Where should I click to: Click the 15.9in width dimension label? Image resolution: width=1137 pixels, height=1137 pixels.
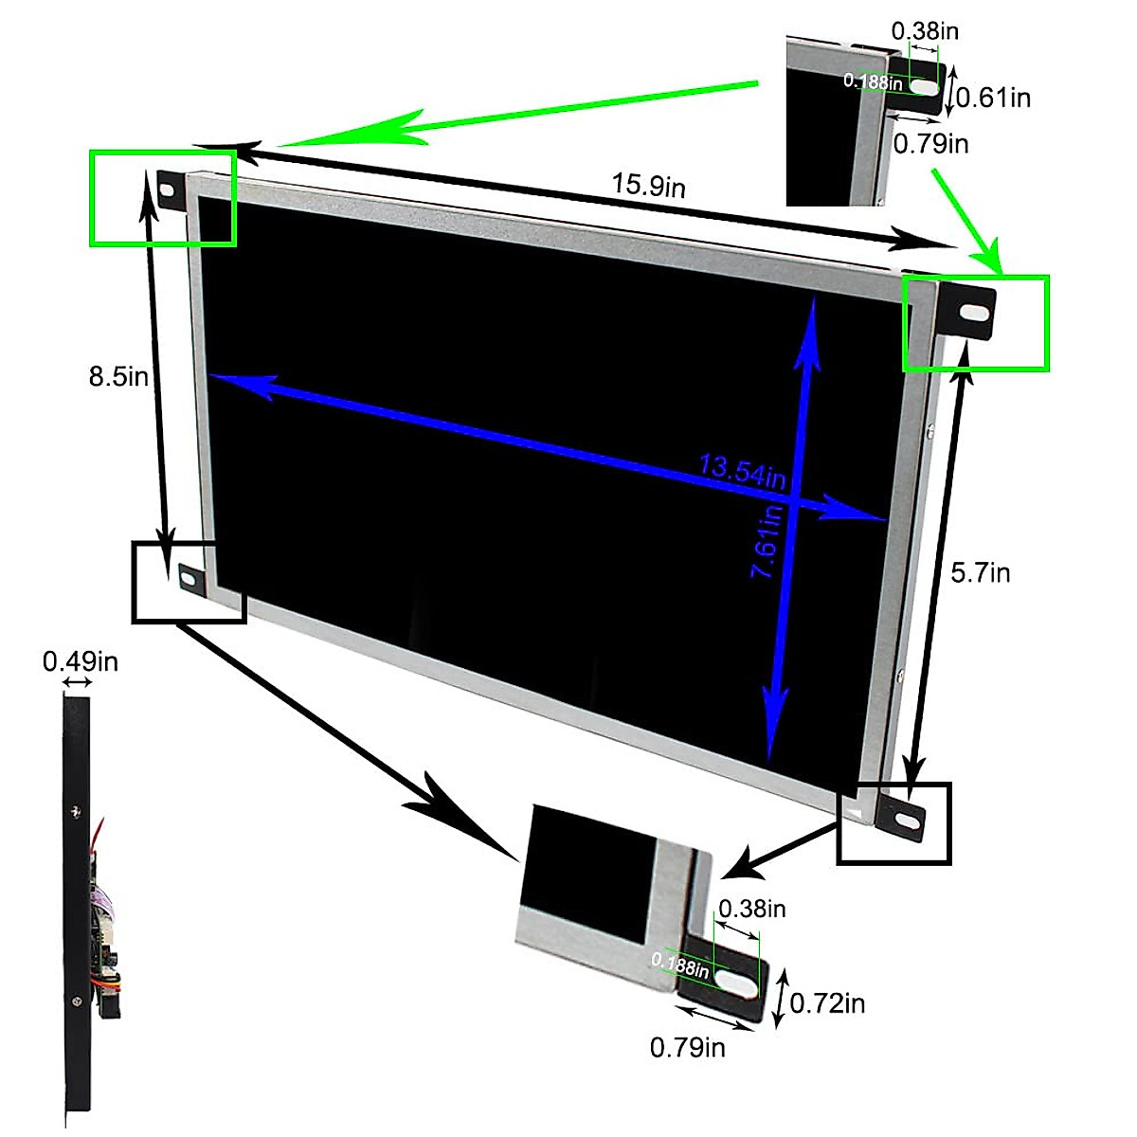[648, 185]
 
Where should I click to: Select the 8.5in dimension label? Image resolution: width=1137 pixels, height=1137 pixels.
[118, 376]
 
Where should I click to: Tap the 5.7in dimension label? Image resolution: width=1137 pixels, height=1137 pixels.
[981, 572]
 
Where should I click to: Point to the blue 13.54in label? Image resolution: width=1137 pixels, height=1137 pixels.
[743, 471]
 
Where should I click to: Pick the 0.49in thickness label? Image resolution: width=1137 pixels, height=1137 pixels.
[81, 660]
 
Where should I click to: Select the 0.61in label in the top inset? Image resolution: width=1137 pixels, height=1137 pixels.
[993, 97]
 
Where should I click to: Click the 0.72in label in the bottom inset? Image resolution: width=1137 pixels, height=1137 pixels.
[827, 1002]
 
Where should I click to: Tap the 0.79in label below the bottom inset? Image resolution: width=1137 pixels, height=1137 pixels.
[688, 1047]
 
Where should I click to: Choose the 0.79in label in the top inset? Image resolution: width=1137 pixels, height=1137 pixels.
[931, 143]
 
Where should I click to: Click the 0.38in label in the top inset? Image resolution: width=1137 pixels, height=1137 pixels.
[925, 30]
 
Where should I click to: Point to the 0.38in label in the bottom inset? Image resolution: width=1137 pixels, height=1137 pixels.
[752, 909]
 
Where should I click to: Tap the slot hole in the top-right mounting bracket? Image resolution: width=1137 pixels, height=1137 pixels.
[972, 311]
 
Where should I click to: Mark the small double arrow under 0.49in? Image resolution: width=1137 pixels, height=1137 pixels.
[78, 682]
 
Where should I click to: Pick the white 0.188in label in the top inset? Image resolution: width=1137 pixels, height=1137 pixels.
[873, 81]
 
